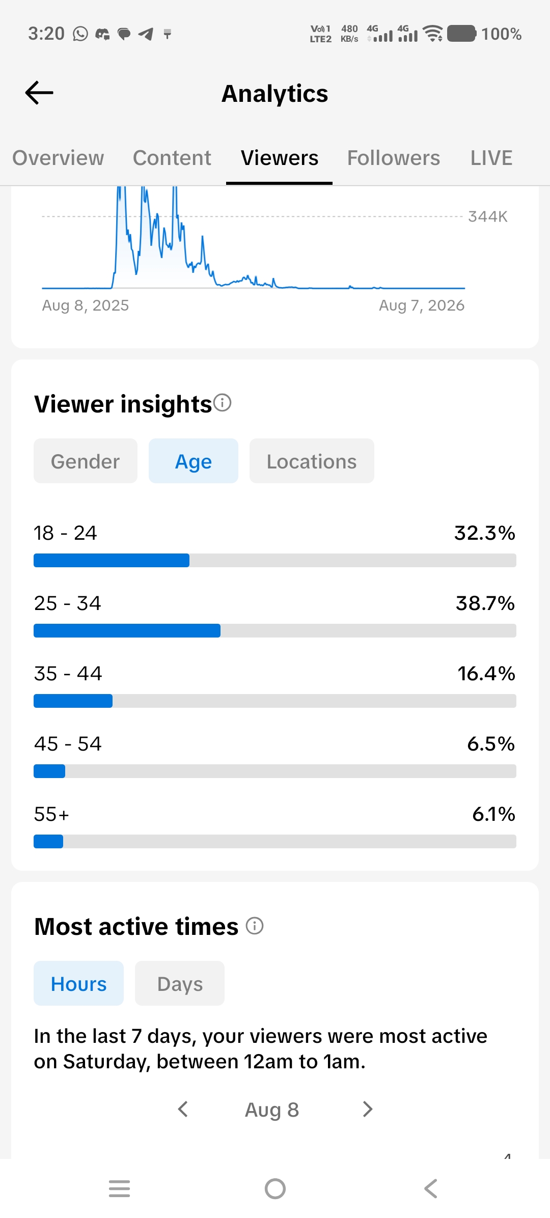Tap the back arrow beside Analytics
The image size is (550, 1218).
[x=39, y=93]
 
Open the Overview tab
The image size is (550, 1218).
[x=58, y=158]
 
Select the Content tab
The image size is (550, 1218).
[x=172, y=158]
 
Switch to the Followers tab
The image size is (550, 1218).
[x=394, y=158]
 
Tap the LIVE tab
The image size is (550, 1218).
[x=491, y=158]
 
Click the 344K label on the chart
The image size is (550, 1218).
[x=488, y=216]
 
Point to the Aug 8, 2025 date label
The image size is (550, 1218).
[x=86, y=306]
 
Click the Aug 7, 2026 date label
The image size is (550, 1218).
[x=422, y=306]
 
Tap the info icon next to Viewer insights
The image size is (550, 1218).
[x=223, y=403]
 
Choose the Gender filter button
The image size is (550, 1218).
[x=86, y=461]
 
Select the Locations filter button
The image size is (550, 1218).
[x=312, y=461]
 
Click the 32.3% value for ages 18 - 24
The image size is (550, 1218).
[x=485, y=533]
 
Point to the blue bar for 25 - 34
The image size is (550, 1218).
[x=127, y=631]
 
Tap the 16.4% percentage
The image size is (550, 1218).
[x=486, y=674]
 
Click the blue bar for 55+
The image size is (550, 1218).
[x=48, y=842]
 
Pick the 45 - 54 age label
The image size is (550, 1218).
[x=68, y=744]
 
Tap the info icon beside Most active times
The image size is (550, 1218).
[x=255, y=926]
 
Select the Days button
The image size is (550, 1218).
[x=180, y=983]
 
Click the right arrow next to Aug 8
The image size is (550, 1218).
[x=368, y=1109]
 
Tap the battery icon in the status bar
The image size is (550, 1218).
[x=462, y=34]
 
